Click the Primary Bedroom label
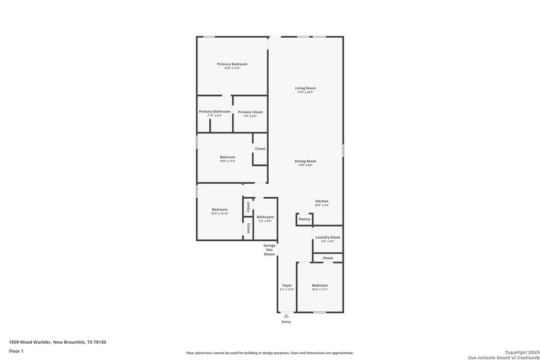point(232,64)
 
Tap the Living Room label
point(305,88)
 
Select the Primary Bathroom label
point(215,112)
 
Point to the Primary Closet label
point(250,112)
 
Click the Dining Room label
point(305,161)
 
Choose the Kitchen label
point(322,201)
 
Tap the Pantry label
point(305,219)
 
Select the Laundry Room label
point(328,237)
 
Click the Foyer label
point(287,285)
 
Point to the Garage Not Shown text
point(269,250)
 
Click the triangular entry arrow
point(286,315)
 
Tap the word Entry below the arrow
point(286,322)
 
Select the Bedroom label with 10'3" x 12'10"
point(220,209)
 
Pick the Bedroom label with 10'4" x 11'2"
point(320,285)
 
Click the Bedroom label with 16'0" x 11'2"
point(227,157)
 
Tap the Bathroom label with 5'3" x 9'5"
point(265,217)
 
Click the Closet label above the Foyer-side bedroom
point(328,258)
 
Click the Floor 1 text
point(16,350)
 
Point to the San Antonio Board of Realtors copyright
point(504,355)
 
